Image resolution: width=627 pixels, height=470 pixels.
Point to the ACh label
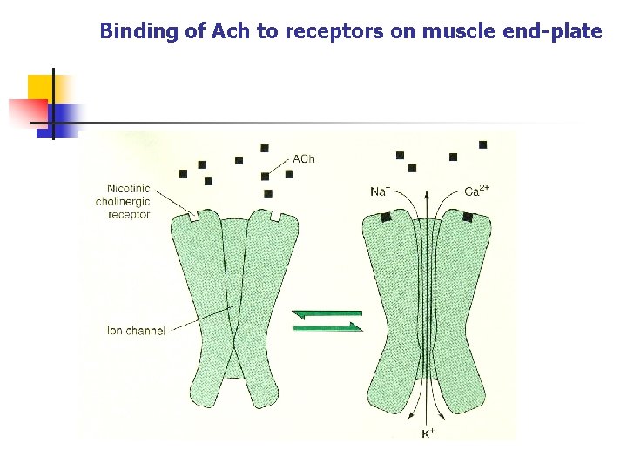(304, 159)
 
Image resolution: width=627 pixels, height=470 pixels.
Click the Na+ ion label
(380, 191)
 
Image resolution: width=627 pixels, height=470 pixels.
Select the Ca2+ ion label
(476, 191)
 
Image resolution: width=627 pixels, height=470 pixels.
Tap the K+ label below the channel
(427, 433)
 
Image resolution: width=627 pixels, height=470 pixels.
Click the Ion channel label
(136, 331)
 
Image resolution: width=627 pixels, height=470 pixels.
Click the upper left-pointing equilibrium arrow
(327, 313)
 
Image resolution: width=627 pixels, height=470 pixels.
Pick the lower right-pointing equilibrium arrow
(328, 327)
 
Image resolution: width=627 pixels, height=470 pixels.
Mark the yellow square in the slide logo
(40, 88)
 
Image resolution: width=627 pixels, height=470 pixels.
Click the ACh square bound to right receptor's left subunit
(386, 217)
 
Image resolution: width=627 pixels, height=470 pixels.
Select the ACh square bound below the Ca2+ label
(469, 217)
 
